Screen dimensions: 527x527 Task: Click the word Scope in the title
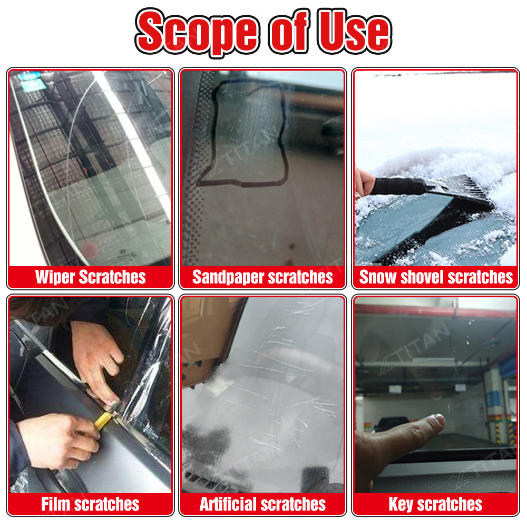pyautogui.click(x=198, y=33)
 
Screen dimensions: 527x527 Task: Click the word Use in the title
pyautogui.click(x=355, y=31)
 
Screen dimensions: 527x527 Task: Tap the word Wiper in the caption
pyautogui.click(x=55, y=277)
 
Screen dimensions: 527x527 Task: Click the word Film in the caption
pyautogui.click(x=56, y=504)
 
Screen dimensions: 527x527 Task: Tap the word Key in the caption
pyautogui.click(x=401, y=504)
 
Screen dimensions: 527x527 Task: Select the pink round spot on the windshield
pyautogui.click(x=90, y=249)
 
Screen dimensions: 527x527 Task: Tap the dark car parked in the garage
pyautogui.click(x=392, y=424)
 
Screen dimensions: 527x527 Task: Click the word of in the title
pyautogui.click(x=288, y=31)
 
